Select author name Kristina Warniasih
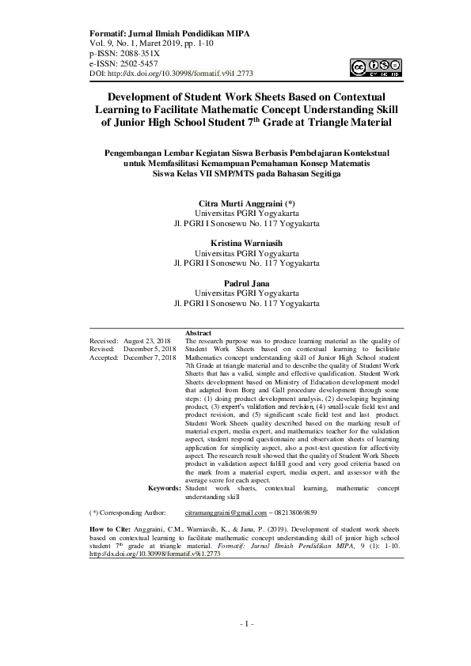tap(246, 242)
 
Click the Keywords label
tap(164, 489)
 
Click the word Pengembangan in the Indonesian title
tap(131, 153)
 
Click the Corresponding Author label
tap(131, 513)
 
